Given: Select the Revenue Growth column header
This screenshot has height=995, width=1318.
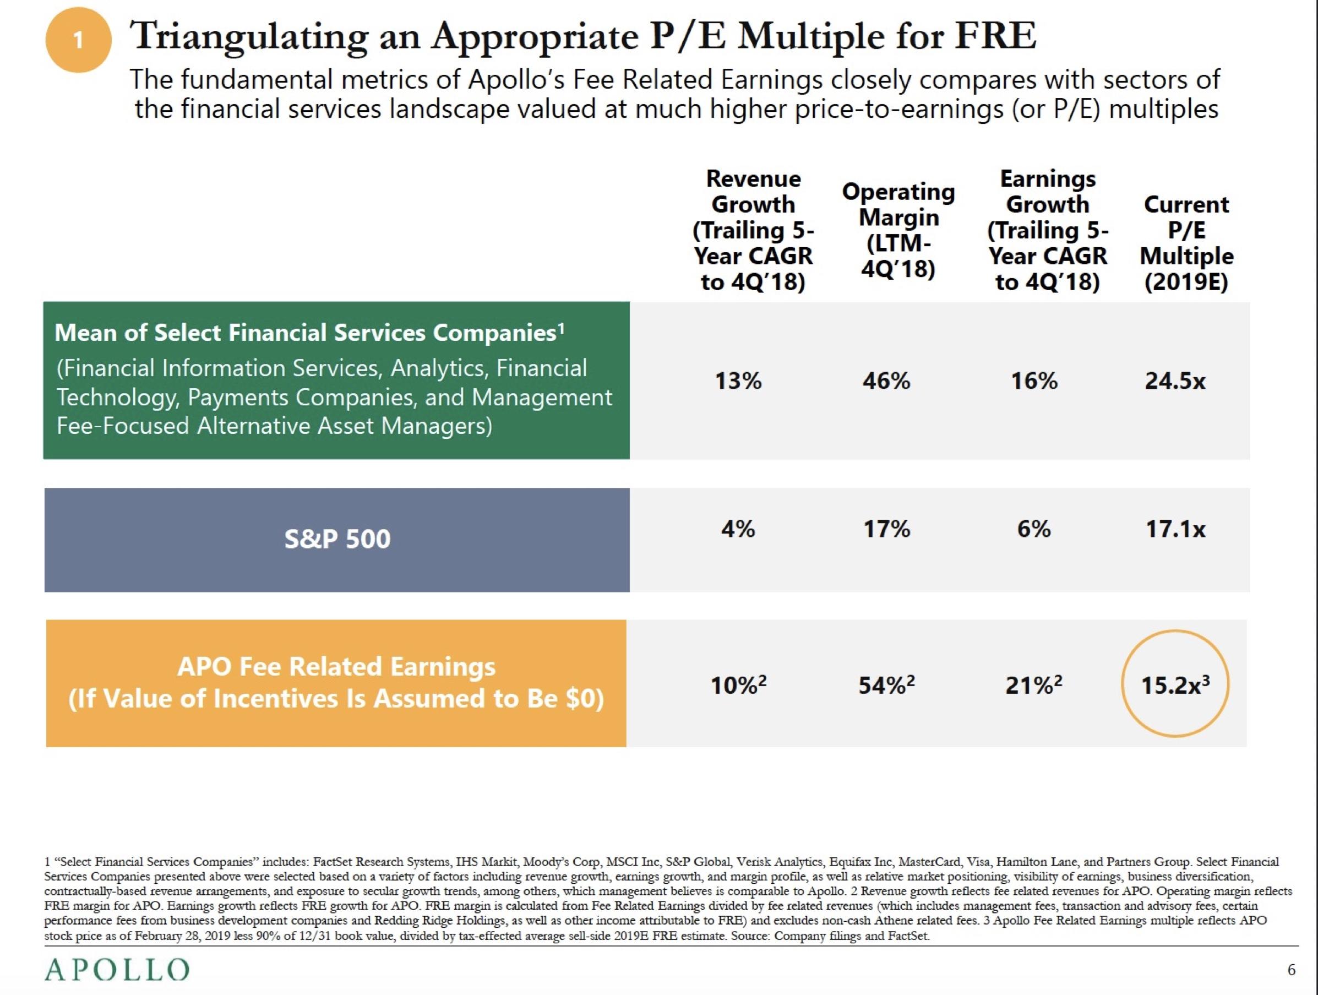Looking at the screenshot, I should (753, 230).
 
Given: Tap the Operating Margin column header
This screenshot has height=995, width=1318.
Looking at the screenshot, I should (898, 230).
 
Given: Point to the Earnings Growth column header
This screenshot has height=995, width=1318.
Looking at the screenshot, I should (1048, 230).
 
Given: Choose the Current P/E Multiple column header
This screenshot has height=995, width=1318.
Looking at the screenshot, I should (1186, 243).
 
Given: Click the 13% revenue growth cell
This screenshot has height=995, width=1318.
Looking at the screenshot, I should (738, 380).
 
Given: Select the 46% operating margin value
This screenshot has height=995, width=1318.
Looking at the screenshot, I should (886, 380).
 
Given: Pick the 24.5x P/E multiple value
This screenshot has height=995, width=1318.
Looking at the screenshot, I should (1175, 380).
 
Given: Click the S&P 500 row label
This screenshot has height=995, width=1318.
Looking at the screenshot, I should (337, 539).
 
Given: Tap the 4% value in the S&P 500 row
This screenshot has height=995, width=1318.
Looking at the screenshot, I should (738, 529).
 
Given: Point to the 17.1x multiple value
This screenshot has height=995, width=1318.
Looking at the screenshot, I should (1175, 529).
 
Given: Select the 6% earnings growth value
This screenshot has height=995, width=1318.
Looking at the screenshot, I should (1034, 529).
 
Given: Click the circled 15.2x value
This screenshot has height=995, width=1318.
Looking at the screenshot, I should (1175, 684).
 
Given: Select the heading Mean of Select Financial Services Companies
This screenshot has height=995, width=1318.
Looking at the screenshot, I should (309, 333).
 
